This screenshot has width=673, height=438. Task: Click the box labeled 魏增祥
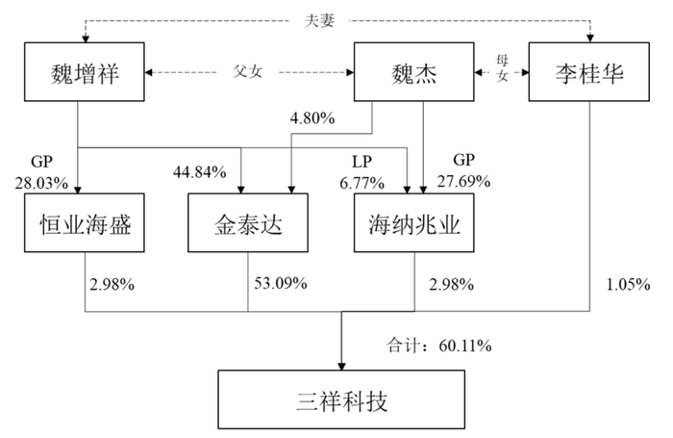pos(85,72)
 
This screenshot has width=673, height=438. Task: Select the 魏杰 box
pos(413,72)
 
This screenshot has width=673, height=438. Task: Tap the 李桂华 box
pos(588,72)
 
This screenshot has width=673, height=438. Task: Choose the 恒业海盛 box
pos(85,222)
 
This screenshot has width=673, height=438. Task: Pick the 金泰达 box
pos(248,222)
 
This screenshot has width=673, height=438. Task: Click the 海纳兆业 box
pos(413,222)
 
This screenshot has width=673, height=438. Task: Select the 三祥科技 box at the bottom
pos(341,399)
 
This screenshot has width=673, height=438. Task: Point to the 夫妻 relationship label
pos(319,20)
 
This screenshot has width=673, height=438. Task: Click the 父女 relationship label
pos(248,71)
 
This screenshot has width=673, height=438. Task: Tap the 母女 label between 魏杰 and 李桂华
pos(502,68)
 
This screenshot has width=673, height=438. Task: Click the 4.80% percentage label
pos(312,118)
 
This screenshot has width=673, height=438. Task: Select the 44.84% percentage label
pos(200,172)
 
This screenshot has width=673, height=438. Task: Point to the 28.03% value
pos(41,184)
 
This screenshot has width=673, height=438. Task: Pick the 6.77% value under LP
pos(361,184)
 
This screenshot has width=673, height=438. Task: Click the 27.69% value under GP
pos(463,181)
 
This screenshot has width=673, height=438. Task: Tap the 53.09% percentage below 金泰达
pos(281,283)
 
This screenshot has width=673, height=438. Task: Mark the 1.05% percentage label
pos(628,285)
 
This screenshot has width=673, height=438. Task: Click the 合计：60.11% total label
pos(439,346)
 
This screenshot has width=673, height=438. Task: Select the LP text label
pos(361,162)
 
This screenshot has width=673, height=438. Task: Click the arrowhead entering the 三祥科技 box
pos(341,366)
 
